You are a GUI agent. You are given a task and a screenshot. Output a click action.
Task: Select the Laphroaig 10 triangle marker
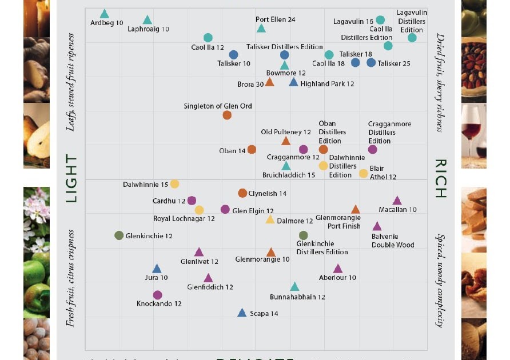[148, 21]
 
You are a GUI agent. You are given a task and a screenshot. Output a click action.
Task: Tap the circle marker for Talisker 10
[233, 55]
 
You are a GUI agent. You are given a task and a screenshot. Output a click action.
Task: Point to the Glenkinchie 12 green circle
[119, 235]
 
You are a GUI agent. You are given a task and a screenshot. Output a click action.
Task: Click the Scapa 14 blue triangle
[242, 313]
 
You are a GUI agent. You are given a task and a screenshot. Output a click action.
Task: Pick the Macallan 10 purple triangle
[397, 201]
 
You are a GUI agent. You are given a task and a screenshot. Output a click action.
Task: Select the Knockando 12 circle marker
[158, 295]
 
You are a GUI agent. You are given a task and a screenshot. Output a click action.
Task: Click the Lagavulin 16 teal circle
[380, 20]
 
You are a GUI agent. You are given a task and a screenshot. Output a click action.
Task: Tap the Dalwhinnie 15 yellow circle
[174, 184]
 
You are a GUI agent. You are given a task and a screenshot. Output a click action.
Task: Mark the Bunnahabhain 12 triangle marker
[294, 287]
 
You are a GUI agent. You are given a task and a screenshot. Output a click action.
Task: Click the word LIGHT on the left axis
[71, 178]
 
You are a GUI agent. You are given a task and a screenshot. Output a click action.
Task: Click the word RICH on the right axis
[440, 178]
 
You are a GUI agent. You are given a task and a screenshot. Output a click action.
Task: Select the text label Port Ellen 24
[275, 19]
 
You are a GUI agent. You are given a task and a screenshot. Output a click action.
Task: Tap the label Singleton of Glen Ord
[218, 106]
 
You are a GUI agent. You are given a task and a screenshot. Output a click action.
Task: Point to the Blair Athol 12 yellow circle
[363, 173]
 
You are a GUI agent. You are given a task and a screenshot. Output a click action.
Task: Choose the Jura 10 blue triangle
[157, 269]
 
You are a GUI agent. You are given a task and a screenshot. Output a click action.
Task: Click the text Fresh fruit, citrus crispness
[71, 278]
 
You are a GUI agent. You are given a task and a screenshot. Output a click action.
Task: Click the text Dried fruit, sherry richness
[440, 82]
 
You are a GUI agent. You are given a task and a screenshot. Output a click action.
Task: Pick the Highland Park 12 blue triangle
[293, 83]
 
